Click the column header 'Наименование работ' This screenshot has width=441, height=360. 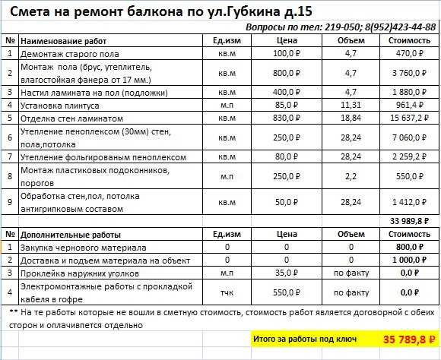click(64, 40)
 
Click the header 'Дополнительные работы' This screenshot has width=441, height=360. click(72, 235)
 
